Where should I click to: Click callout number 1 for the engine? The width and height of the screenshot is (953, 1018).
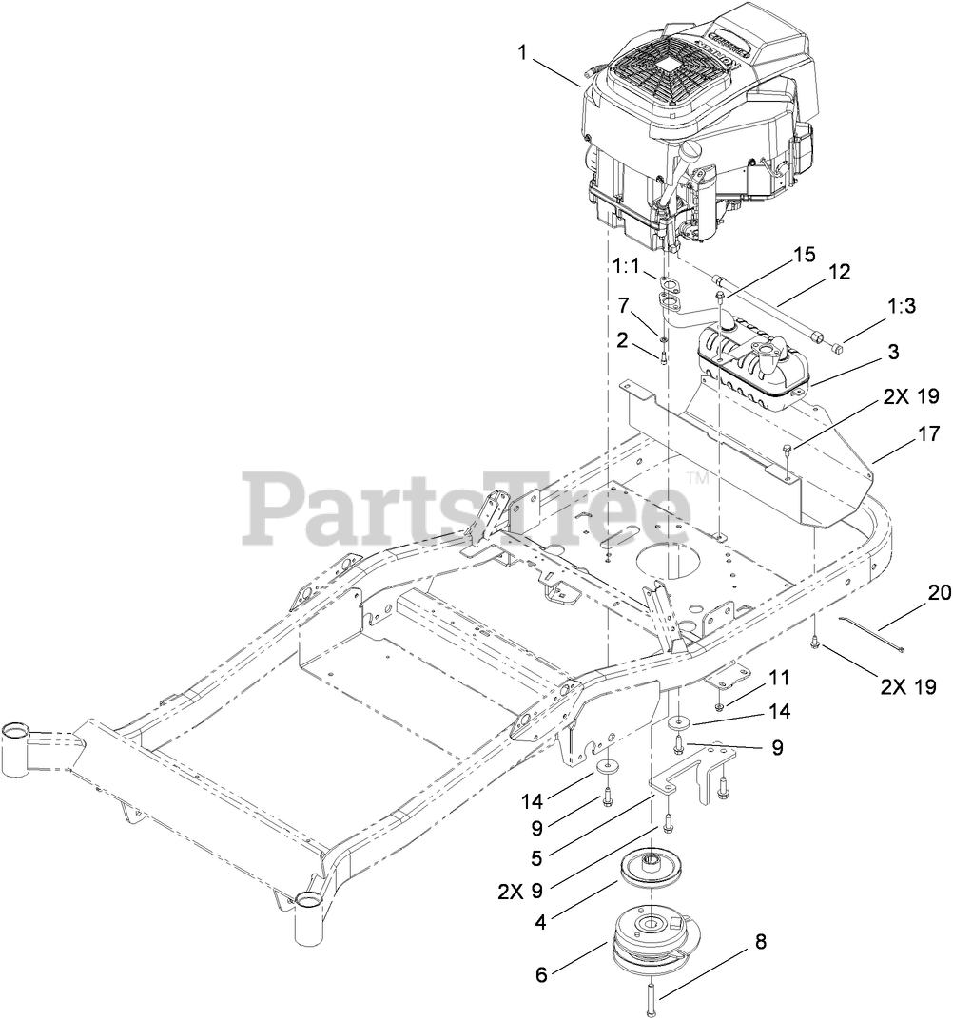tap(522, 52)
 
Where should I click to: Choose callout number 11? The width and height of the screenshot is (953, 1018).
tap(779, 678)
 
